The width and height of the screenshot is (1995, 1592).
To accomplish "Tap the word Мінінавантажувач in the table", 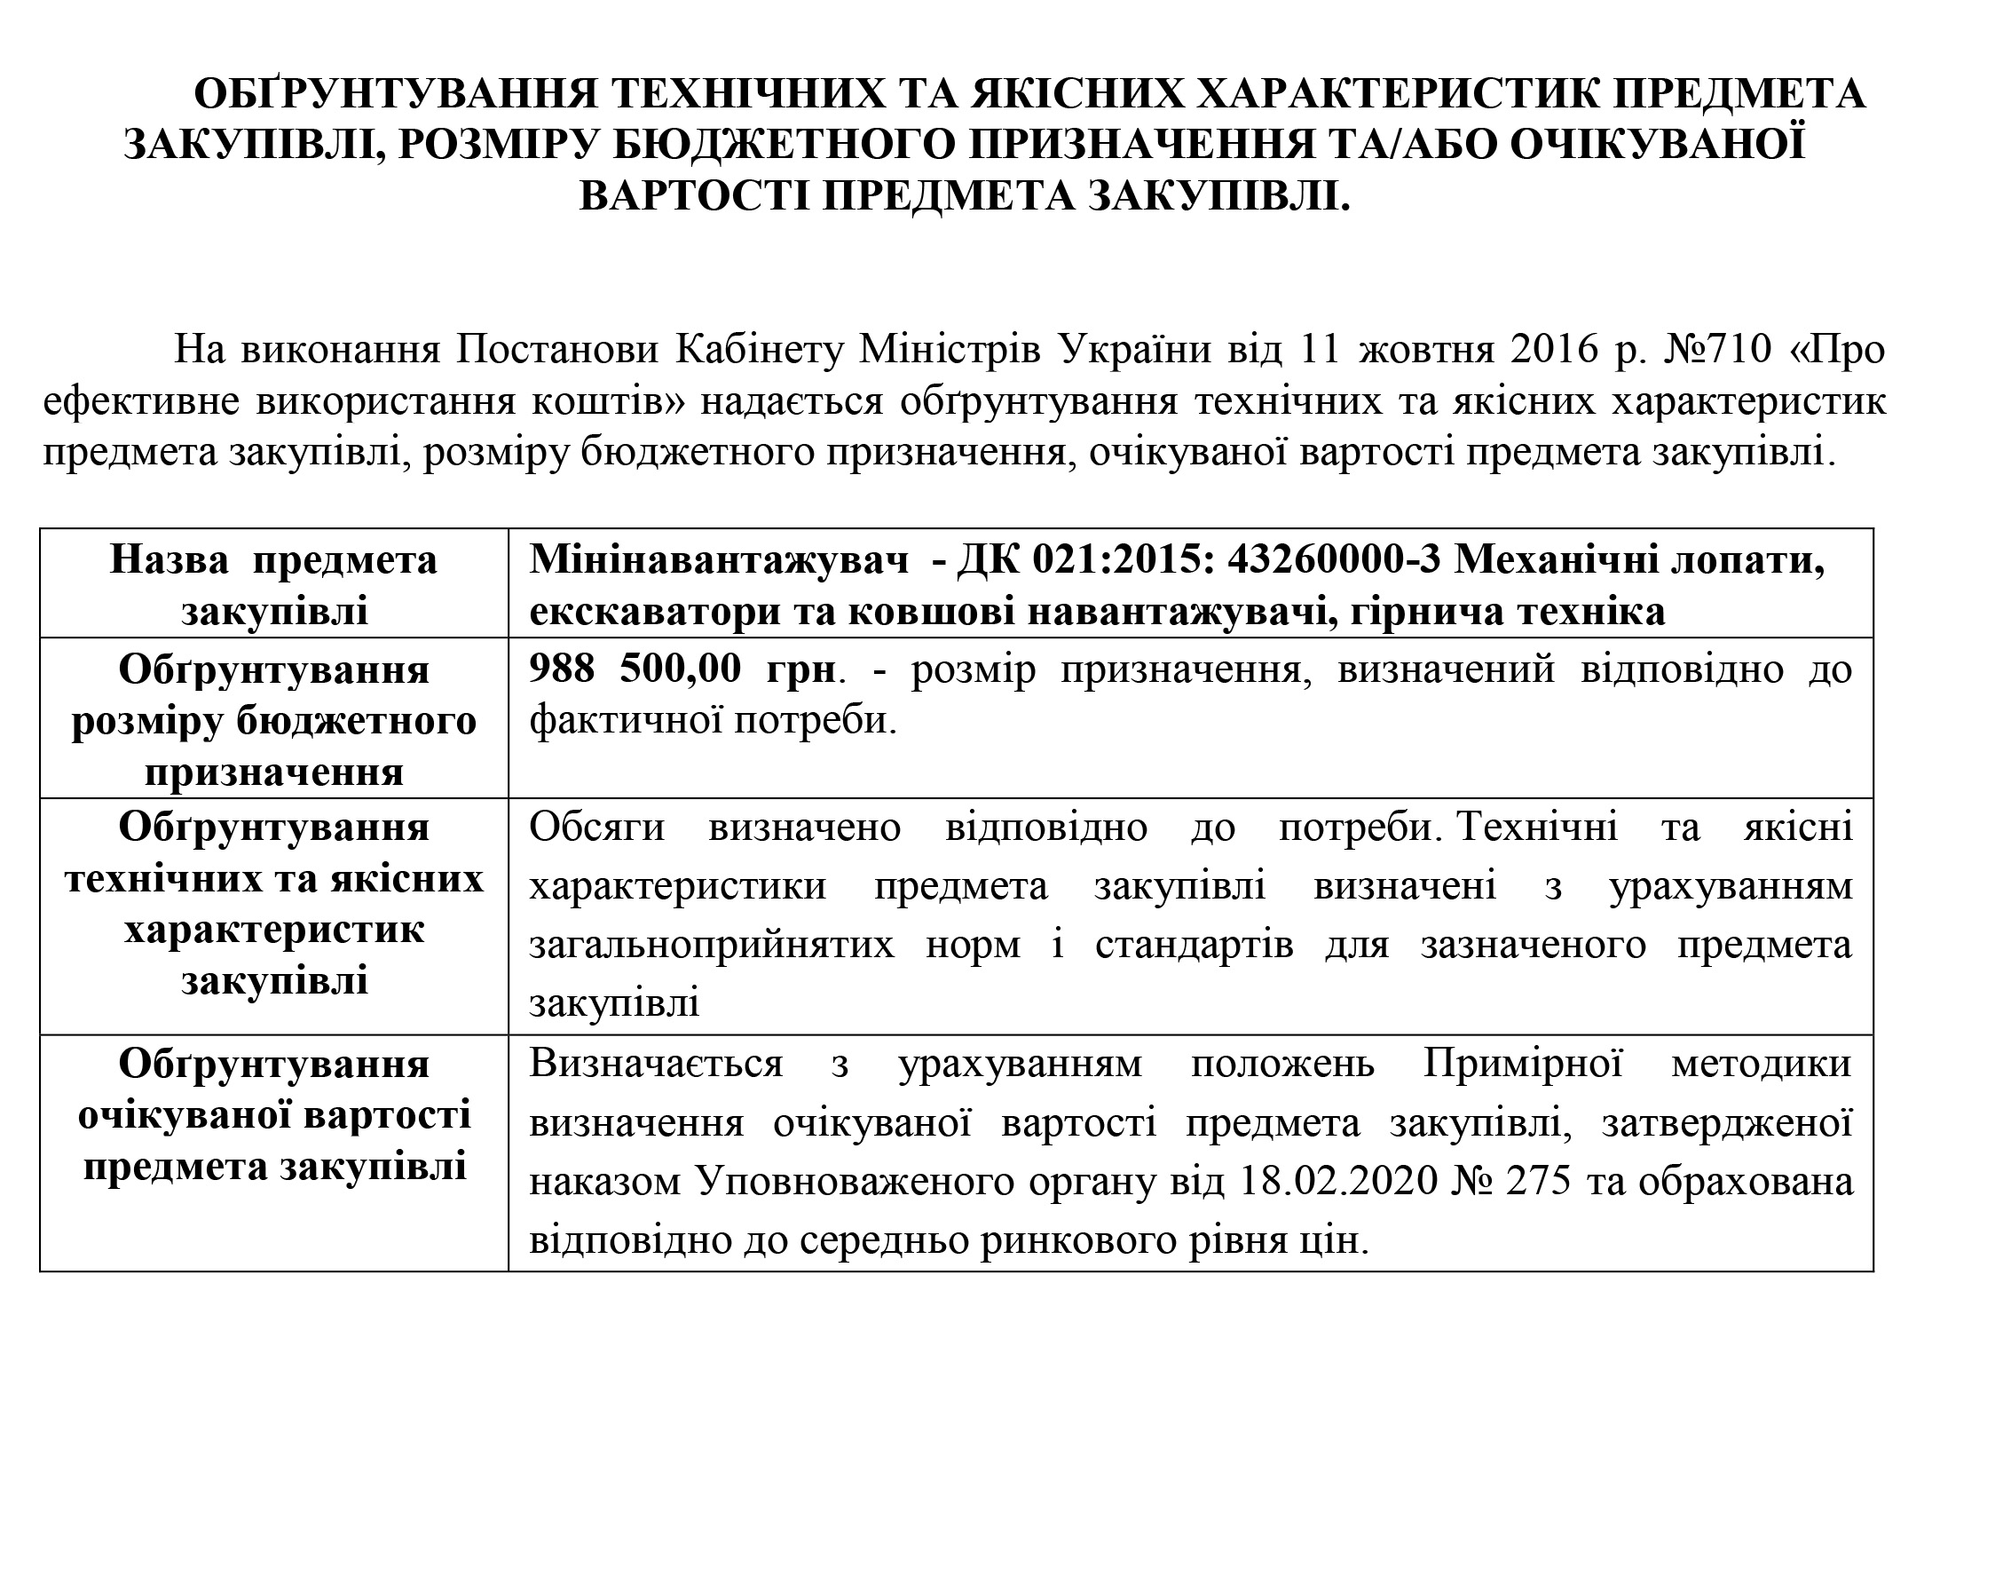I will [x=720, y=560].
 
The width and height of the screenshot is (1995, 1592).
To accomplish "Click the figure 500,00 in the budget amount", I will [x=680, y=669].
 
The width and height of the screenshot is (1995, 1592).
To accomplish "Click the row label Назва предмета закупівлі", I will [x=274, y=585].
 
